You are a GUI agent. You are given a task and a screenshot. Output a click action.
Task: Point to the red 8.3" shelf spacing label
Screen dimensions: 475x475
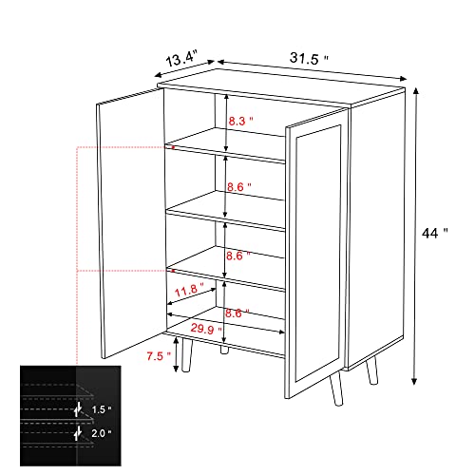click(242, 120)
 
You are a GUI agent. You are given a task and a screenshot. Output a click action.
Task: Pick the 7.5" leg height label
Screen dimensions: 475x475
click(158, 356)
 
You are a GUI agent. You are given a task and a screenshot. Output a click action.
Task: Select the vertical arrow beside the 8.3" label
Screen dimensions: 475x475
click(226, 122)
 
